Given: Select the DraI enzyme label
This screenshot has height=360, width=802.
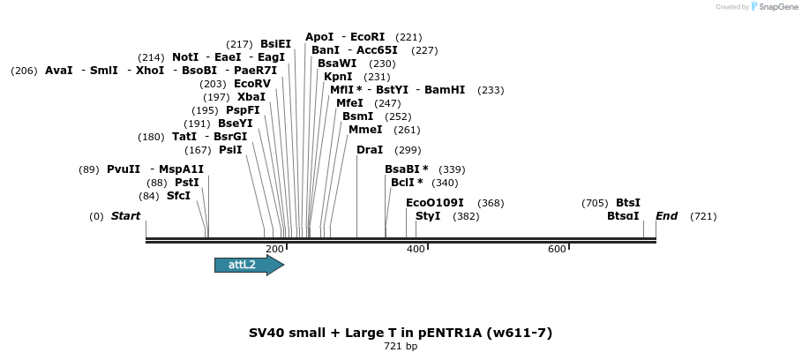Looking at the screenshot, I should (x=370, y=150).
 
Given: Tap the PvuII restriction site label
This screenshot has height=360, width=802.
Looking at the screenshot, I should (x=124, y=169).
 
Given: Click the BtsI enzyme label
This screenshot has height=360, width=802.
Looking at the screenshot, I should (x=628, y=203).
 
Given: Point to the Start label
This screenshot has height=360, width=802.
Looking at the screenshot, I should (x=125, y=216).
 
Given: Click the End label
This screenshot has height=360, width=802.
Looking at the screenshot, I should (x=666, y=216).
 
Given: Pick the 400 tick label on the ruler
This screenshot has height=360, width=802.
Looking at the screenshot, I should (x=416, y=250).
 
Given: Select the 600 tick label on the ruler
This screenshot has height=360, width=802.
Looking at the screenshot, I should (x=557, y=250).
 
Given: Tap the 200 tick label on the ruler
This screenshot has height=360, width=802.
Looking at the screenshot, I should (x=274, y=250).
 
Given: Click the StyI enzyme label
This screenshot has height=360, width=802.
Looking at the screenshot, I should (x=428, y=216).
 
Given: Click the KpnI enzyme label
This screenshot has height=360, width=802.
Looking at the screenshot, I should (x=338, y=77).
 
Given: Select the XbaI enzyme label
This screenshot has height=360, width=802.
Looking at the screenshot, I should (x=251, y=97).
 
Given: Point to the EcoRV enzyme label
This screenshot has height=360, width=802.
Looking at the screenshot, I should (x=252, y=84).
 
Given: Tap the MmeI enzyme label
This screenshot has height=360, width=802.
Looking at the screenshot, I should (x=365, y=130).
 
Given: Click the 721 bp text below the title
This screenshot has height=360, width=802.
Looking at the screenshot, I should (x=401, y=347).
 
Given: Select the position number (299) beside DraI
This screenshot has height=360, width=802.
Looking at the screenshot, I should (x=408, y=150).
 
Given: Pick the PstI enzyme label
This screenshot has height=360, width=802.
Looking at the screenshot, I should (x=187, y=183).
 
